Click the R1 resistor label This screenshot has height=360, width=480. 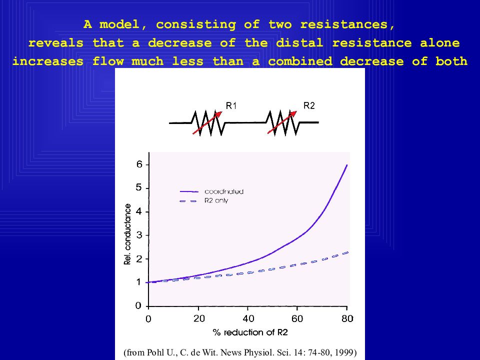231,105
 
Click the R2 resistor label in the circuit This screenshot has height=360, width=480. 309,105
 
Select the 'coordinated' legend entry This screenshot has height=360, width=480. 223,191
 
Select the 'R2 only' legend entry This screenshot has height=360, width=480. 216,200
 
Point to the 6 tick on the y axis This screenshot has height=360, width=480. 139,164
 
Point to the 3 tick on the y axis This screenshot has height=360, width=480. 139,235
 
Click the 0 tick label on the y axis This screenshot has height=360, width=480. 139,305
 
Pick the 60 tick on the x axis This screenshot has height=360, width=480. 297,318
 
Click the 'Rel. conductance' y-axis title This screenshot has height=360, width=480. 128,234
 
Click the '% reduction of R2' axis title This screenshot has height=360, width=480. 250,332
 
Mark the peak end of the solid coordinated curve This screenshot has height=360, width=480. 347,165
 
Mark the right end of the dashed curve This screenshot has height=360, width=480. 347,252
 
